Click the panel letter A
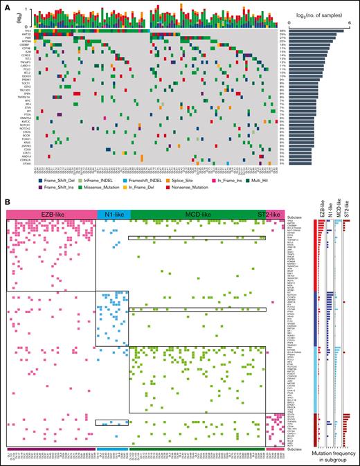pos(7,5)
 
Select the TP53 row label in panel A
pos(28,31)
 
